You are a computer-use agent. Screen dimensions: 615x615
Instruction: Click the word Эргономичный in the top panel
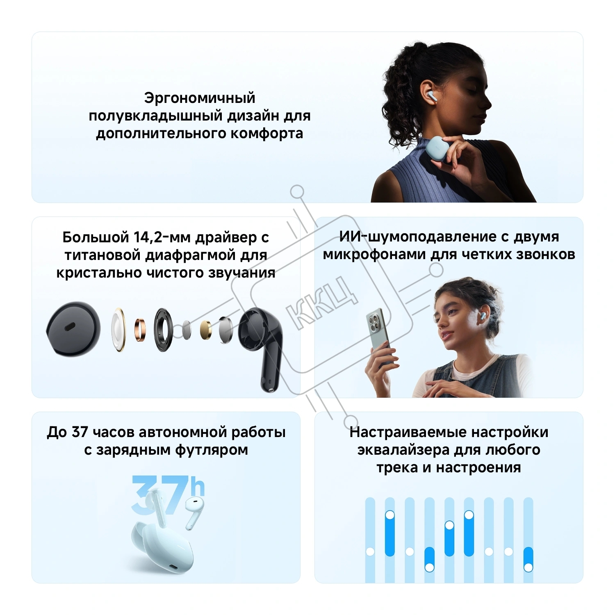(x=200, y=98)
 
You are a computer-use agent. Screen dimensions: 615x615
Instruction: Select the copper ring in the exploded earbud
(x=140, y=329)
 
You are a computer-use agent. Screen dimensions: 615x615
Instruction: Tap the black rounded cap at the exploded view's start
(x=73, y=329)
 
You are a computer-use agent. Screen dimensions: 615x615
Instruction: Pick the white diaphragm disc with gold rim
(x=118, y=330)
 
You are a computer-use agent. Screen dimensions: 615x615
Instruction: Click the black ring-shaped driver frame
(x=163, y=330)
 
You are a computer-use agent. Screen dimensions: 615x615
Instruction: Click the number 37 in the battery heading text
(x=80, y=432)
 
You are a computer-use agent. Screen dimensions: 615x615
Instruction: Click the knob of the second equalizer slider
(x=389, y=515)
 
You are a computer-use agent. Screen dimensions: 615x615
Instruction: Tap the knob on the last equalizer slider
(x=528, y=567)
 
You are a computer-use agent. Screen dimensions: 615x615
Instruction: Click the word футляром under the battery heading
(x=212, y=450)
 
